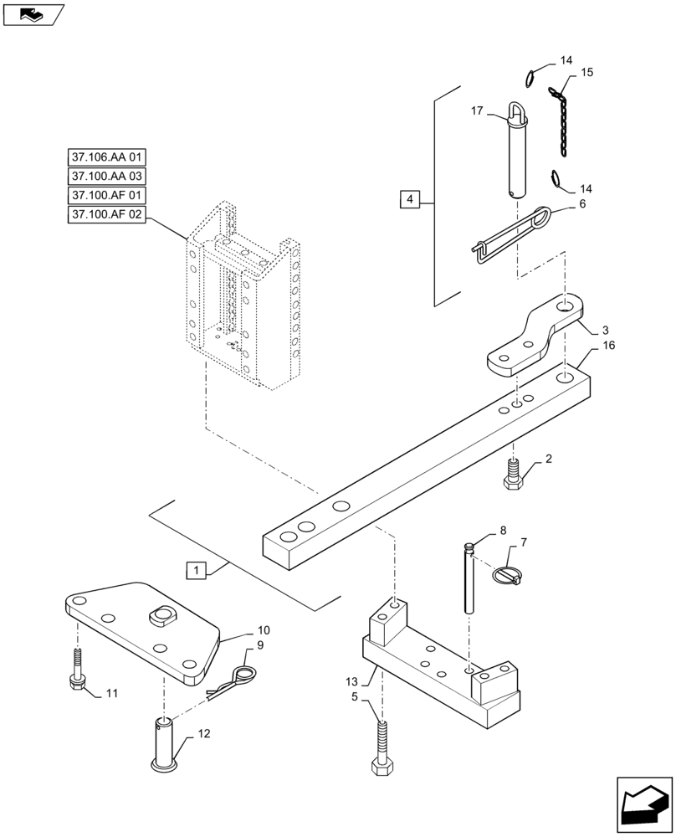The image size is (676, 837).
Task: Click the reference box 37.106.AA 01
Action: pyautogui.click(x=106, y=157)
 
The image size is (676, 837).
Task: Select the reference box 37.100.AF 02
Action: pyautogui.click(x=106, y=215)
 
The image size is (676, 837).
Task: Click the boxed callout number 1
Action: pyautogui.click(x=195, y=571)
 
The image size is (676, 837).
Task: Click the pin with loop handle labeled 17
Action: pyautogui.click(x=518, y=151)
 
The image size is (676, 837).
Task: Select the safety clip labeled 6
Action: pyautogui.click(x=510, y=235)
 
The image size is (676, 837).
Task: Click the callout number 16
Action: pyautogui.click(x=607, y=346)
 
